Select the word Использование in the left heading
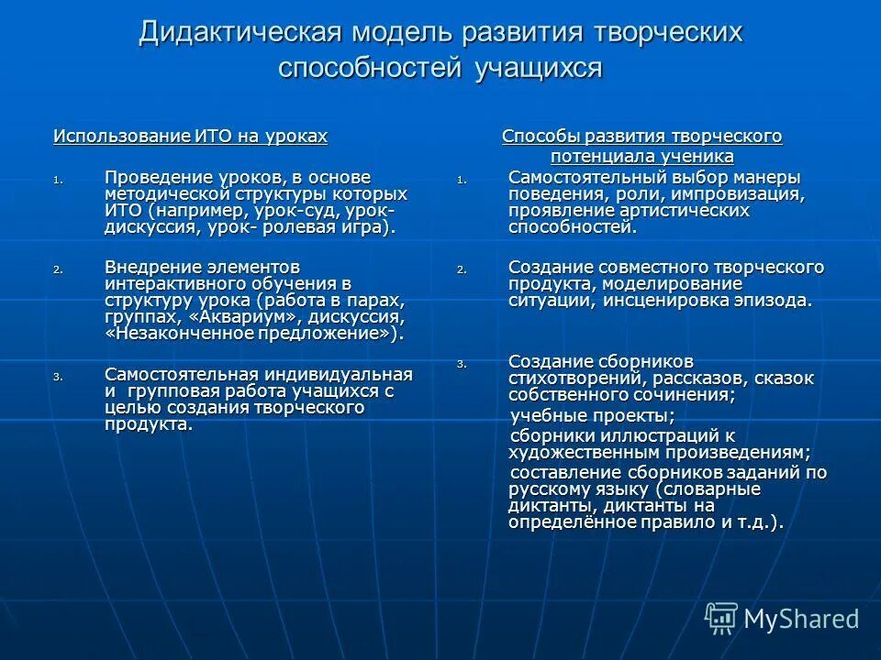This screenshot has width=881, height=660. pos(121,137)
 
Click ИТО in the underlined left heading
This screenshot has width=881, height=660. pos(214,137)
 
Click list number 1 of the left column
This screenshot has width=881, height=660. pos(58,179)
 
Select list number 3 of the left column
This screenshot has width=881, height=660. pos(58,377)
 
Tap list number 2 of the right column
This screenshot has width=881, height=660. pos(462,270)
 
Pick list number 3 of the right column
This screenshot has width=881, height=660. pos(462,364)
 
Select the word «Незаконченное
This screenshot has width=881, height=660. pos(185,334)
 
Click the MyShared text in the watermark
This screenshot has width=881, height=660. pos(801,619)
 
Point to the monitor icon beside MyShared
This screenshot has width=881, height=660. pos(720,618)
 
